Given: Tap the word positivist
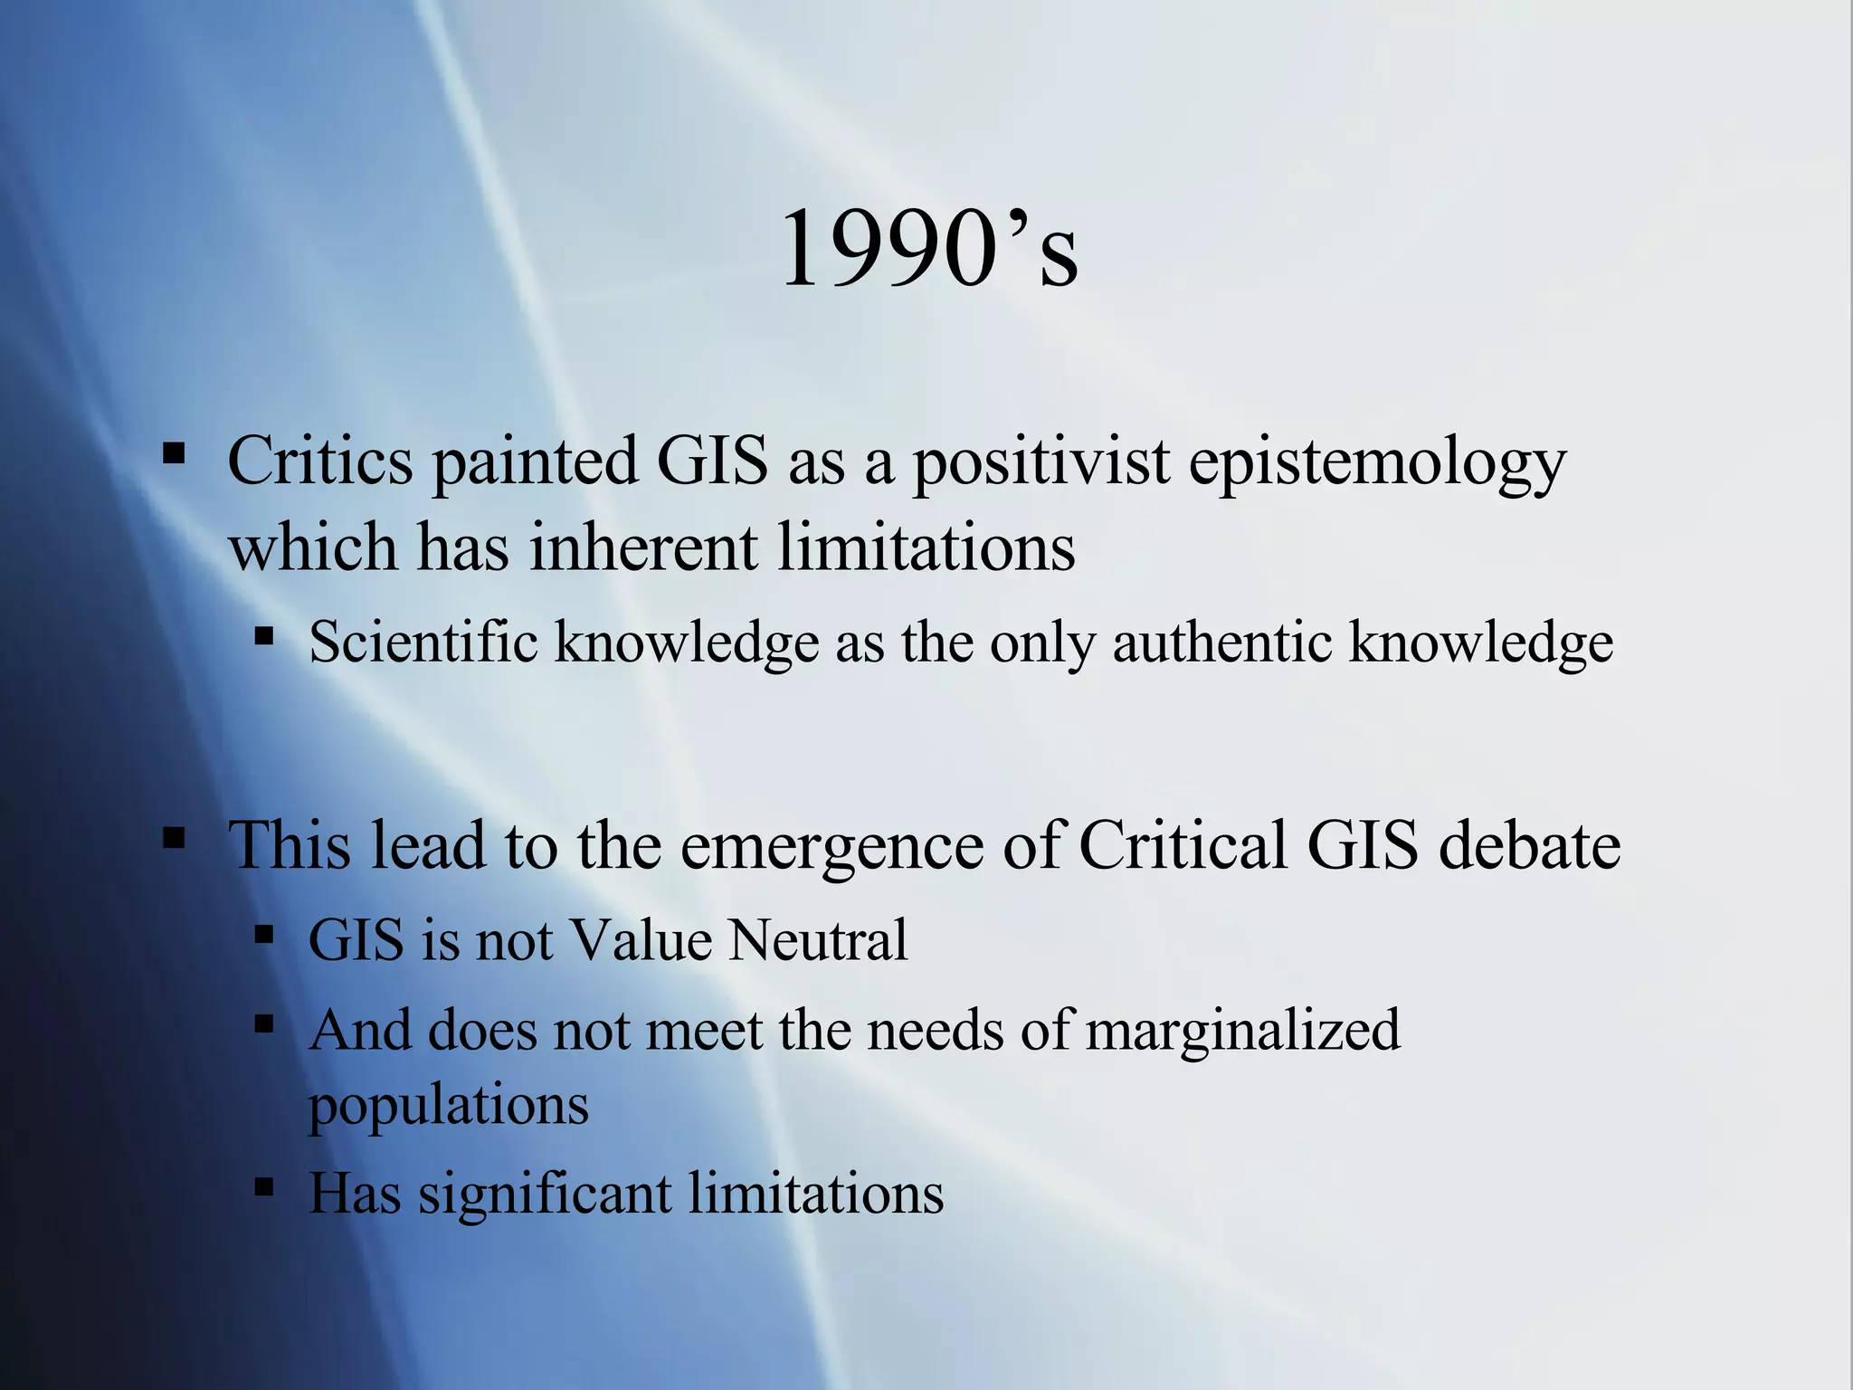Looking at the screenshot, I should tap(1041, 462).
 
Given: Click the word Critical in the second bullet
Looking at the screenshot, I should tap(1183, 844).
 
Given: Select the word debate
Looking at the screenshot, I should tap(1529, 844).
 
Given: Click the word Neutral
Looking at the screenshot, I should tap(817, 939).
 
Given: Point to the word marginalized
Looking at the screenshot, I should tap(1242, 1032).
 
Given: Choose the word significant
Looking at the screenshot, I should tap(544, 1194).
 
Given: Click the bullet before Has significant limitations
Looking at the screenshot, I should tap(263, 1186).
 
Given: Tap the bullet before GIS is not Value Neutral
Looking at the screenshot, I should tap(263, 933).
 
